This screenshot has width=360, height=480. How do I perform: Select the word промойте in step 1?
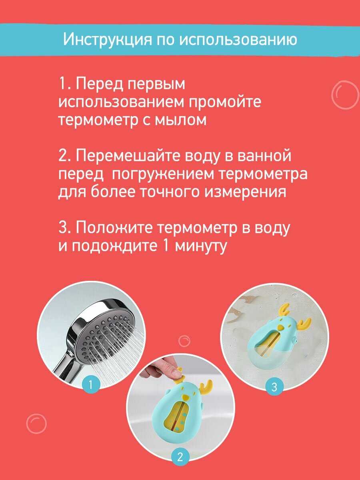(225, 102)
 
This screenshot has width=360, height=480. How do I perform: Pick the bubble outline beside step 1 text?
(345, 95)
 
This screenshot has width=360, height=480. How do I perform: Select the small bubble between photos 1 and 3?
(184, 341)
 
